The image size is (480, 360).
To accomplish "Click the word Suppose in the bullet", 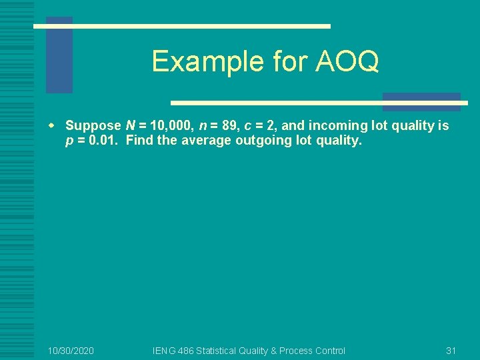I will click(93, 126).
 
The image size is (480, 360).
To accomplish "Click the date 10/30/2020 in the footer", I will click(71, 351).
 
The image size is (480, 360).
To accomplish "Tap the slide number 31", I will click(451, 351).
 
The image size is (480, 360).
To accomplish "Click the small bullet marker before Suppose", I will click(59, 126).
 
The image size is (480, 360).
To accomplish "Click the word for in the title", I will click(281, 61).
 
